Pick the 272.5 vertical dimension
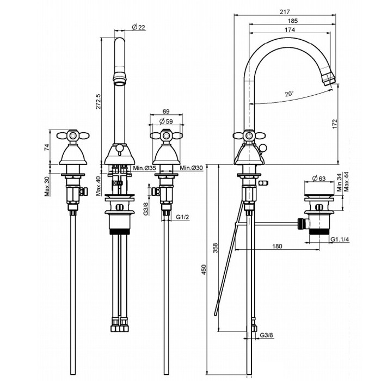pos(98,101)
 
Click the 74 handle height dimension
pos(47,146)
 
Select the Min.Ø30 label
pos(191,168)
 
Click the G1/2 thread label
pos(182,218)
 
